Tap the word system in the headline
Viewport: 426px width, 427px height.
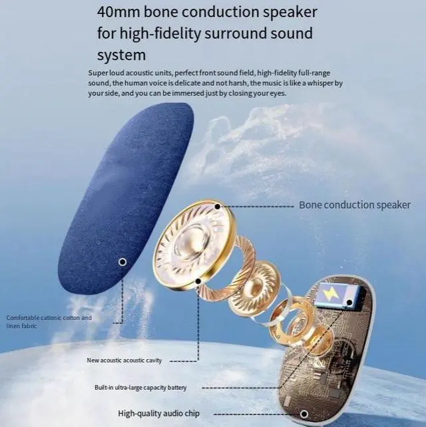tap(122, 55)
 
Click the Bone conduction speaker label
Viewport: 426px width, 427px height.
tap(355, 205)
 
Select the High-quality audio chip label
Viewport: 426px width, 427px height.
tap(158, 414)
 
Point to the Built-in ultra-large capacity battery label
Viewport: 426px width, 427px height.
tap(140, 388)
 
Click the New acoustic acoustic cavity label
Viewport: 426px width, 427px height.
tap(124, 360)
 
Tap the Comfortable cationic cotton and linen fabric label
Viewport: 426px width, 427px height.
tap(49, 322)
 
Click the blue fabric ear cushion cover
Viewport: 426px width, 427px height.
tap(126, 199)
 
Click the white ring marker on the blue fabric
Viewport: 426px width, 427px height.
tap(122, 262)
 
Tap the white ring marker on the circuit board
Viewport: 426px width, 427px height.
tap(304, 414)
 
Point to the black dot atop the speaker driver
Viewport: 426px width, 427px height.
tap(217, 207)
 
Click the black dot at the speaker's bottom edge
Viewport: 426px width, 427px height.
tap(198, 281)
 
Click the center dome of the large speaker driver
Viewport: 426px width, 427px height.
tap(191, 241)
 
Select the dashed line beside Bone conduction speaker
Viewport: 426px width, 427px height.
tap(257, 207)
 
